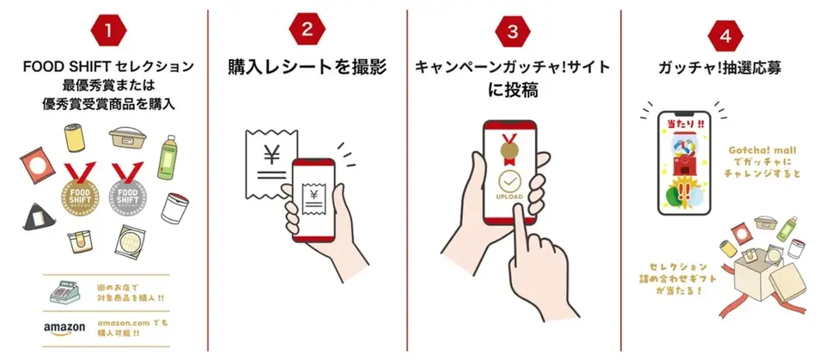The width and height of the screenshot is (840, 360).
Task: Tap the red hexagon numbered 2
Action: tap(307, 31)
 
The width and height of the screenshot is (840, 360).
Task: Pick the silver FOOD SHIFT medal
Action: tap(126, 189)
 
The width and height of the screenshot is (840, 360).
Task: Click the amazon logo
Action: tap(65, 328)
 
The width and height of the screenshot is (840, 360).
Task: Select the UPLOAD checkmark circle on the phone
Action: tap(509, 182)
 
